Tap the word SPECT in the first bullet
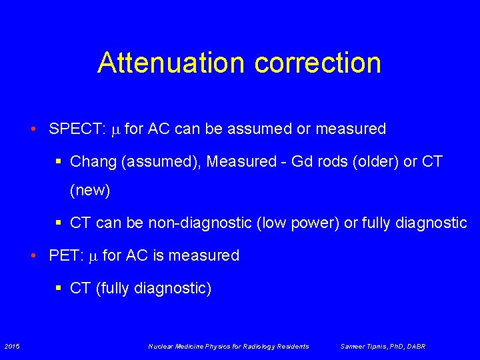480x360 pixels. click(x=73, y=129)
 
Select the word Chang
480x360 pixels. click(x=91, y=161)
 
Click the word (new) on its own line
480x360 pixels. click(x=90, y=190)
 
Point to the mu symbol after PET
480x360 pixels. click(x=93, y=256)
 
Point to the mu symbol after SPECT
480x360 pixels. click(x=115, y=129)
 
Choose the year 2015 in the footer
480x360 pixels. click(x=12, y=346)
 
